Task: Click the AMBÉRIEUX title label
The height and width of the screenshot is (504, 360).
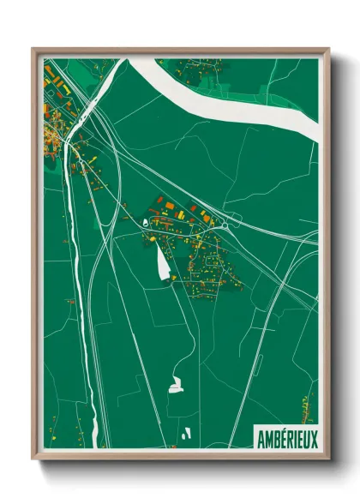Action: pyautogui.click(x=286, y=440)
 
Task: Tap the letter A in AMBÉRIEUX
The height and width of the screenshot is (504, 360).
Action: pyautogui.click(x=261, y=440)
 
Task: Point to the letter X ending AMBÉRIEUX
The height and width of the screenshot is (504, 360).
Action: pyautogui.click(x=313, y=440)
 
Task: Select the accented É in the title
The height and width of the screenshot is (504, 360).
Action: pyautogui.click(x=282, y=440)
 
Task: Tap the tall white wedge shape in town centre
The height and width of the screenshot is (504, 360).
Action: pyautogui.click(x=162, y=261)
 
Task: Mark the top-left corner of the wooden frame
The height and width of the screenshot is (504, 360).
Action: pyautogui.click(x=33, y=49)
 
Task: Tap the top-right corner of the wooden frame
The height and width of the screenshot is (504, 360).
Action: pyautogui.click(x=327, y=49)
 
